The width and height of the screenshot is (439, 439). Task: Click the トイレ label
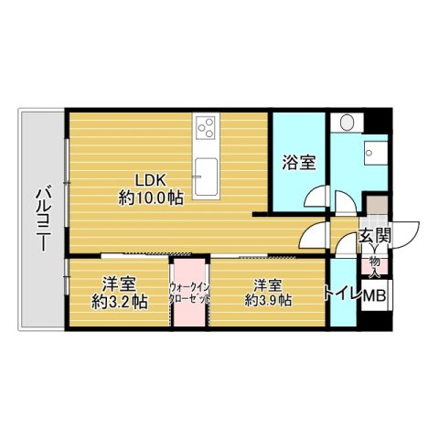pyautogui.click(x=343, y=294)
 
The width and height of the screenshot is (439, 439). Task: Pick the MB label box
pyautogui.click(x=376, y=296)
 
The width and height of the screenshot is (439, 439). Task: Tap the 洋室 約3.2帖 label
pyautogui.click(x=119, y=293)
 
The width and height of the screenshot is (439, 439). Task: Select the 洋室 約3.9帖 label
pyautogui.click(x=267, y=292)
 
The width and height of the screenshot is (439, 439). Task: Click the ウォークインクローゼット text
pyautogui.click(x=190, y=294)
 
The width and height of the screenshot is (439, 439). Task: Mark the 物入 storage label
pyautogui.click(x=375, y=264)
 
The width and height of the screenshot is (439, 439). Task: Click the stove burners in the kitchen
pyautogui.click(x=206, y=128)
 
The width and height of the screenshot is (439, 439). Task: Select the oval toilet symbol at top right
pyautogui.click(x=348, y=122)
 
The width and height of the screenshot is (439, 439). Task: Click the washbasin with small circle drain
pyautogui.click(x=374, y=154)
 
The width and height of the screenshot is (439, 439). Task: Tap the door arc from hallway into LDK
pyautogui.click(x=313, y=236)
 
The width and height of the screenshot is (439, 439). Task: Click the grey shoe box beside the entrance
pyautogui.click(x=375, y=207)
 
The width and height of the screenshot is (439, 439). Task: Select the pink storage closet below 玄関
pyautogui.click(x=375, y=265)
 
